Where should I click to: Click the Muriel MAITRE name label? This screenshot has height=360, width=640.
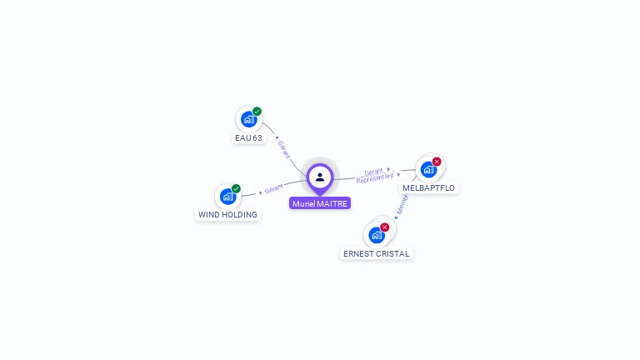[320, 203]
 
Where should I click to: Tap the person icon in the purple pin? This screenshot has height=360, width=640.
[320, 177]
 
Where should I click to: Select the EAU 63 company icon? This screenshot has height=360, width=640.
[248, 119]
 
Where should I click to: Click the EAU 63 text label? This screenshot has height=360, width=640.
[248, 137]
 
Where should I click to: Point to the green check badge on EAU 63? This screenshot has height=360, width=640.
[257, 112]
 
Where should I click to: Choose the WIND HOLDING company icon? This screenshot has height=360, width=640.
[227, 197]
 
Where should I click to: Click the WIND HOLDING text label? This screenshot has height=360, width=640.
[227, 215]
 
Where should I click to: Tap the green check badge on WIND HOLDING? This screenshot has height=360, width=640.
[236, 189]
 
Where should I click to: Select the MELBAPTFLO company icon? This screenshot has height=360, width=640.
[428, 169]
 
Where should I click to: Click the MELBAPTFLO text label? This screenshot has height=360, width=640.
[428, 188]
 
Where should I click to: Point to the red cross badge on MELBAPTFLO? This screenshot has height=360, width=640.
[437, 162]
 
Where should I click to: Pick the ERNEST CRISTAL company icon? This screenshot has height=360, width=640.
[377, 235]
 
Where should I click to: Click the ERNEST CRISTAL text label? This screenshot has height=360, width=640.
[377, 253]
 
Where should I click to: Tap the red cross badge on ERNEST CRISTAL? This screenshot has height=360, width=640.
[384, 227]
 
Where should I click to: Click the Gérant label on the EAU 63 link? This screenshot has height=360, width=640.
[283, 148]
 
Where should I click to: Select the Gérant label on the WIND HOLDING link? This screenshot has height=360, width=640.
[273, 187]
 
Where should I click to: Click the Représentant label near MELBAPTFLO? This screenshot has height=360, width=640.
[375, 177]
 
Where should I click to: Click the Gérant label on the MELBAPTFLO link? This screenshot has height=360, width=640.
[373, 171]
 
